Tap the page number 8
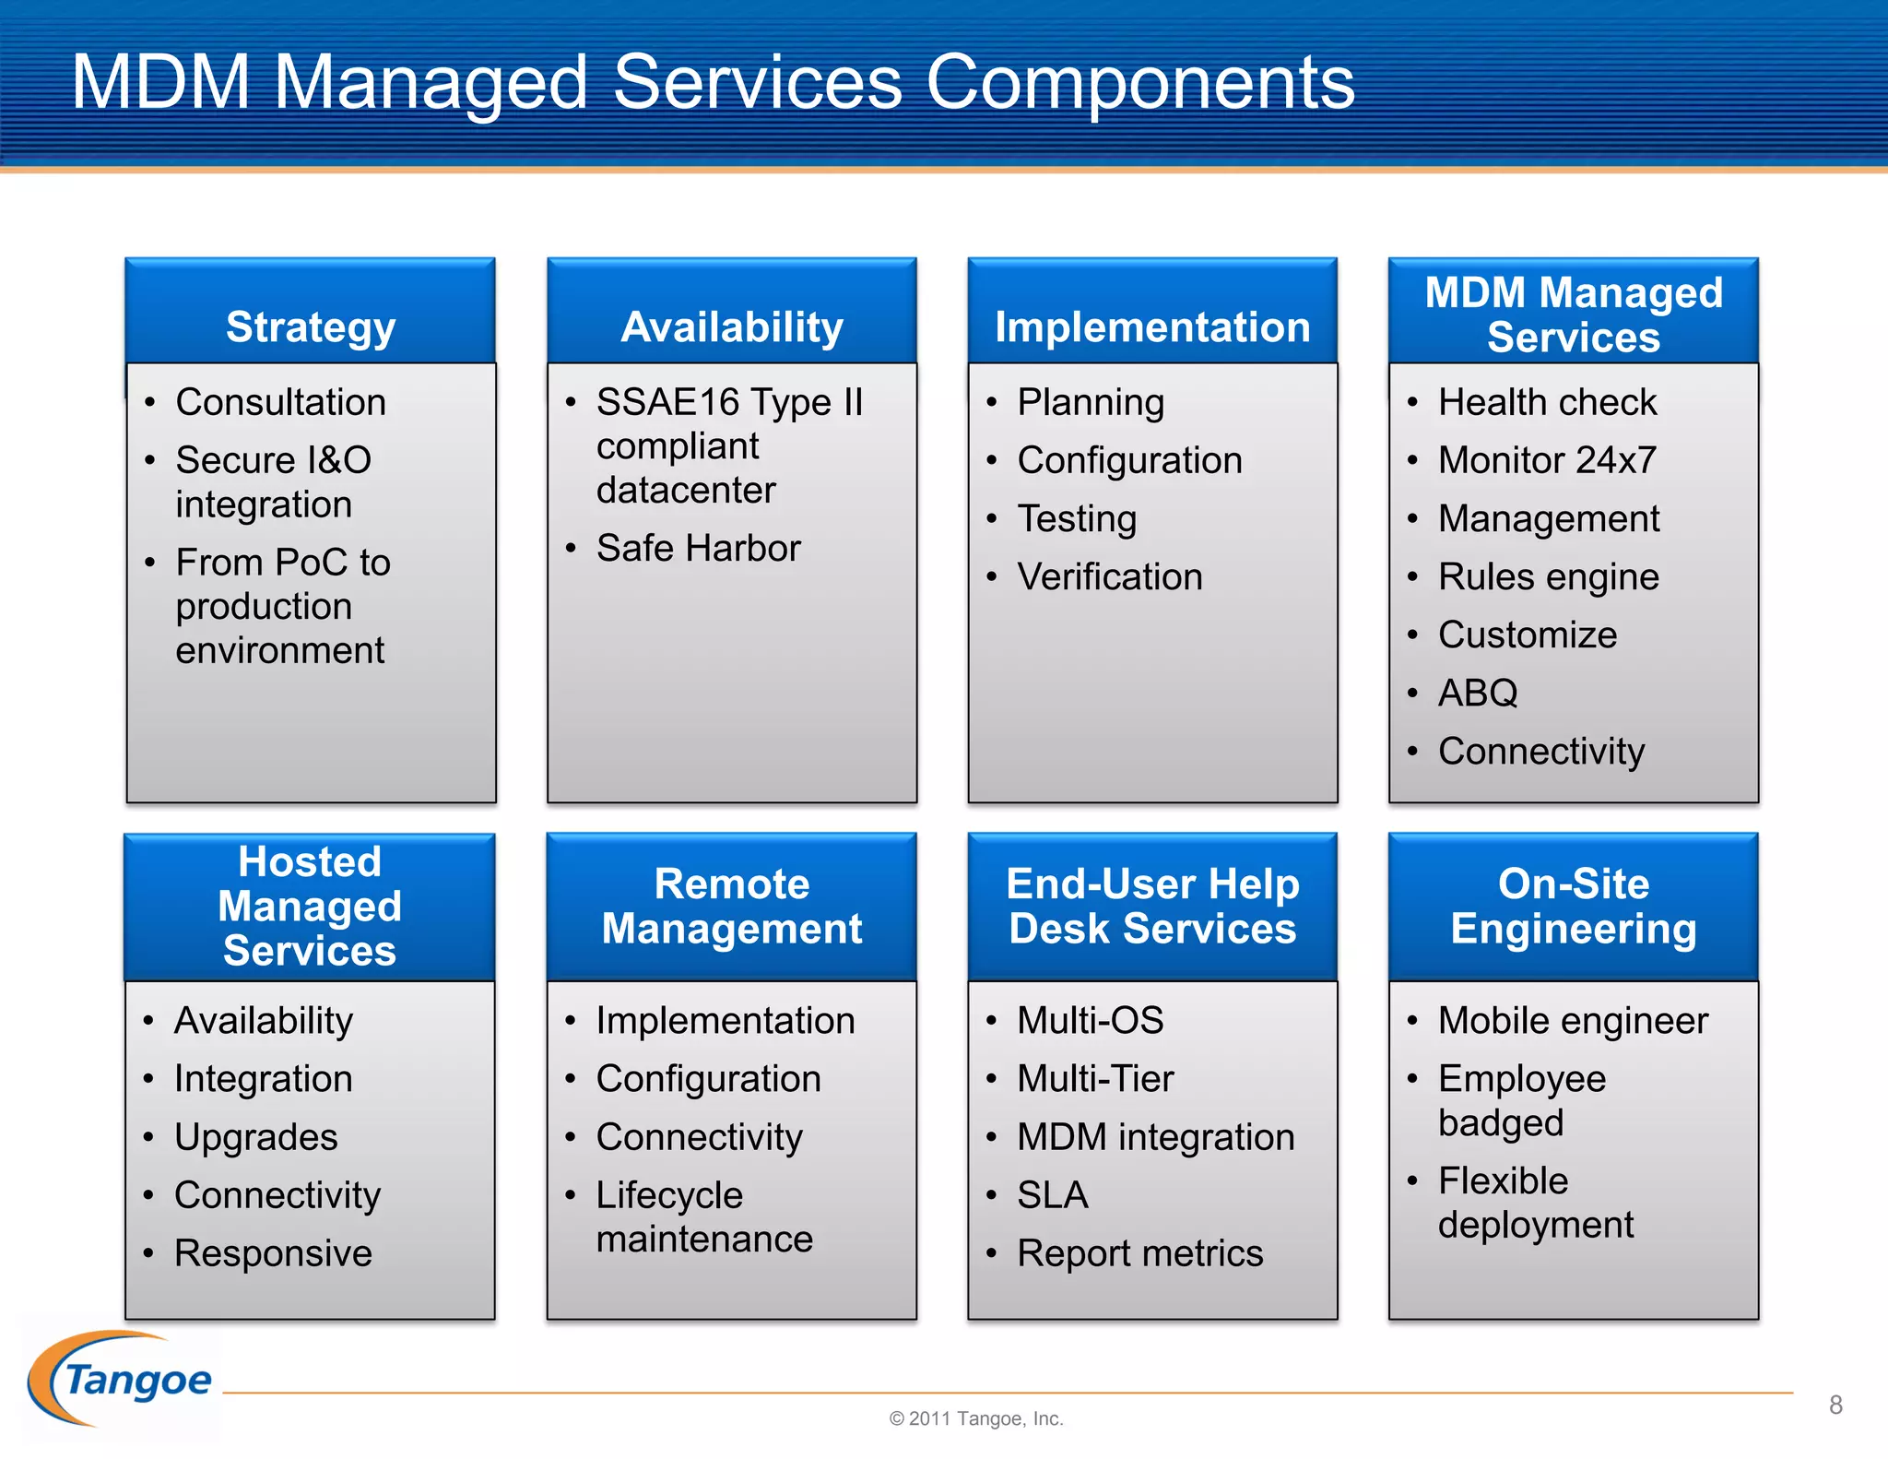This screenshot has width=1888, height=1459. pyautogui.click(x=1835, y=1405)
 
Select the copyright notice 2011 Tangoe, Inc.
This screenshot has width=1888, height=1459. pyautogui.click(x=975, y=1418)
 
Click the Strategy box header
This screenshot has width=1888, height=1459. pyautogui.click(x=311, y=326)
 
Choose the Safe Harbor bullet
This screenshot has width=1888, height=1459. pyautogui.click(x=698, y=548)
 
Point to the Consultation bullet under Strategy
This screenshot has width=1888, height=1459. pyautogui.click(x=280, y=402)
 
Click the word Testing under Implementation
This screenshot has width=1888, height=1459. pyautogui.click(x=1077, y=518)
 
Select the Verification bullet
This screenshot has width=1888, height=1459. pyautogui.click(x=1110, y=576)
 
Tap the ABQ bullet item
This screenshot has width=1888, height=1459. pyautogui.click(x=1478, y=693)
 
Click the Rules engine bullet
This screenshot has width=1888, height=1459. pyautogui.click(x=1549, y=576)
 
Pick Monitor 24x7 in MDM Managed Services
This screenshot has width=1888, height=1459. pyautogui.click(x=1547, y=460)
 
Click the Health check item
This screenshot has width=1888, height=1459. pyautogui.click(x=1547, y=402)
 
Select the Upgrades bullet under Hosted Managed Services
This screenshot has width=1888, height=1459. pyautogui.click(x=256, y=1137)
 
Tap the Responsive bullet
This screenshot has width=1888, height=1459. pyautogui.click(x=273, y=1253)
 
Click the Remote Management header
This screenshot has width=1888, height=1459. pyautogui.click(x=732, y=906)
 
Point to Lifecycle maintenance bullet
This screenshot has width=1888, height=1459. pyautogui.click(x=703, y=1216)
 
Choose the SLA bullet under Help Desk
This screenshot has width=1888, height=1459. pyautogui.click(x=1053, y=1195)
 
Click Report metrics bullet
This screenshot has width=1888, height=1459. pyautogui.click(x=1139, y=1253)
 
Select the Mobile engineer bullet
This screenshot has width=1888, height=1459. pyautogui.click(x=1573, y=1021)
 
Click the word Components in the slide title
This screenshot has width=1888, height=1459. pyautogui.click(x=1139, y=83)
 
